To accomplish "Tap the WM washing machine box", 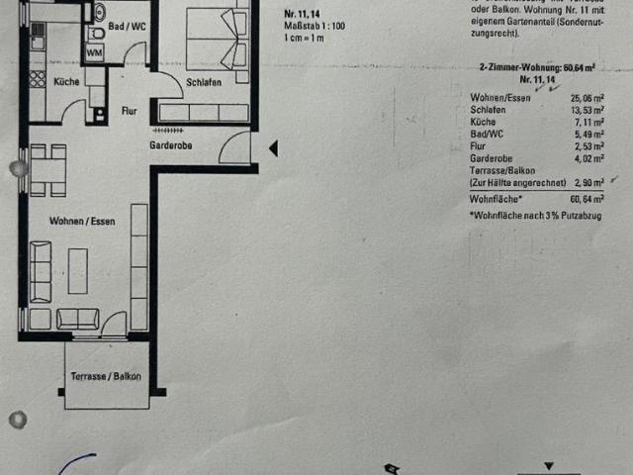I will point(95,50).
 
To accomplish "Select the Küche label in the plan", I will point(67,82).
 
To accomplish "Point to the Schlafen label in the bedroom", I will point(203,83).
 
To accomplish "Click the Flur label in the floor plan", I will point(130,112).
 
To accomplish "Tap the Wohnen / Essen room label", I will point(81,222).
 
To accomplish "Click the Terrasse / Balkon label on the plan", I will point(106,376).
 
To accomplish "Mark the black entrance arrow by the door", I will point(274,149).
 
